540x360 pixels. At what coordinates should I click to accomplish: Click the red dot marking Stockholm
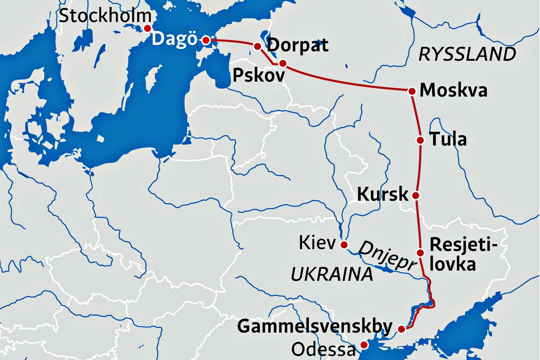coord(147,28)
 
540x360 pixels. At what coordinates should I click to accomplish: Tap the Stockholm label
coord(105,16)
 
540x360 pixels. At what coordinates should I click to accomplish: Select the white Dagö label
coord(175,39)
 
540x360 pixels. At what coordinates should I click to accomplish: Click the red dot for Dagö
coord(206,40)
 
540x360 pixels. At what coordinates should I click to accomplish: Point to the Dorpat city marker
coord(258,46)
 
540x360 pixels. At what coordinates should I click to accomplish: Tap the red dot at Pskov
coord(283,64)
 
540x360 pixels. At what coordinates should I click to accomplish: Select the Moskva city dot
coord(412,91)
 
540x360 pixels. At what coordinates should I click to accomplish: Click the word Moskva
coord(454,90)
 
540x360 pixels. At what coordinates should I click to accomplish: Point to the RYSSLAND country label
coord(467,54)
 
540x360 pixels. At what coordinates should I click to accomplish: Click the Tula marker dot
coord(420,140)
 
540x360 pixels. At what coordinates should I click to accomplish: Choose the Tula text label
coord(448,139)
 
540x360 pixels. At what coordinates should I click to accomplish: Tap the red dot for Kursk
coord(415,195)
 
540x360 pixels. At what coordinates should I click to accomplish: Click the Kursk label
coord(383,194)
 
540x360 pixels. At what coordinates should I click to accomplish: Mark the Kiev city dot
coord(344,245)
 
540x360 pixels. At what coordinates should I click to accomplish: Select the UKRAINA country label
coord(332,275)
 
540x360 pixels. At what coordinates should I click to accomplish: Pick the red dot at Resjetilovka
coord(420,252)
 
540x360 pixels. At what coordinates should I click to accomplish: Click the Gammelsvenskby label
coord(315,326)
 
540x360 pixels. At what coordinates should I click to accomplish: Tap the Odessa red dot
coord(364,345)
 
